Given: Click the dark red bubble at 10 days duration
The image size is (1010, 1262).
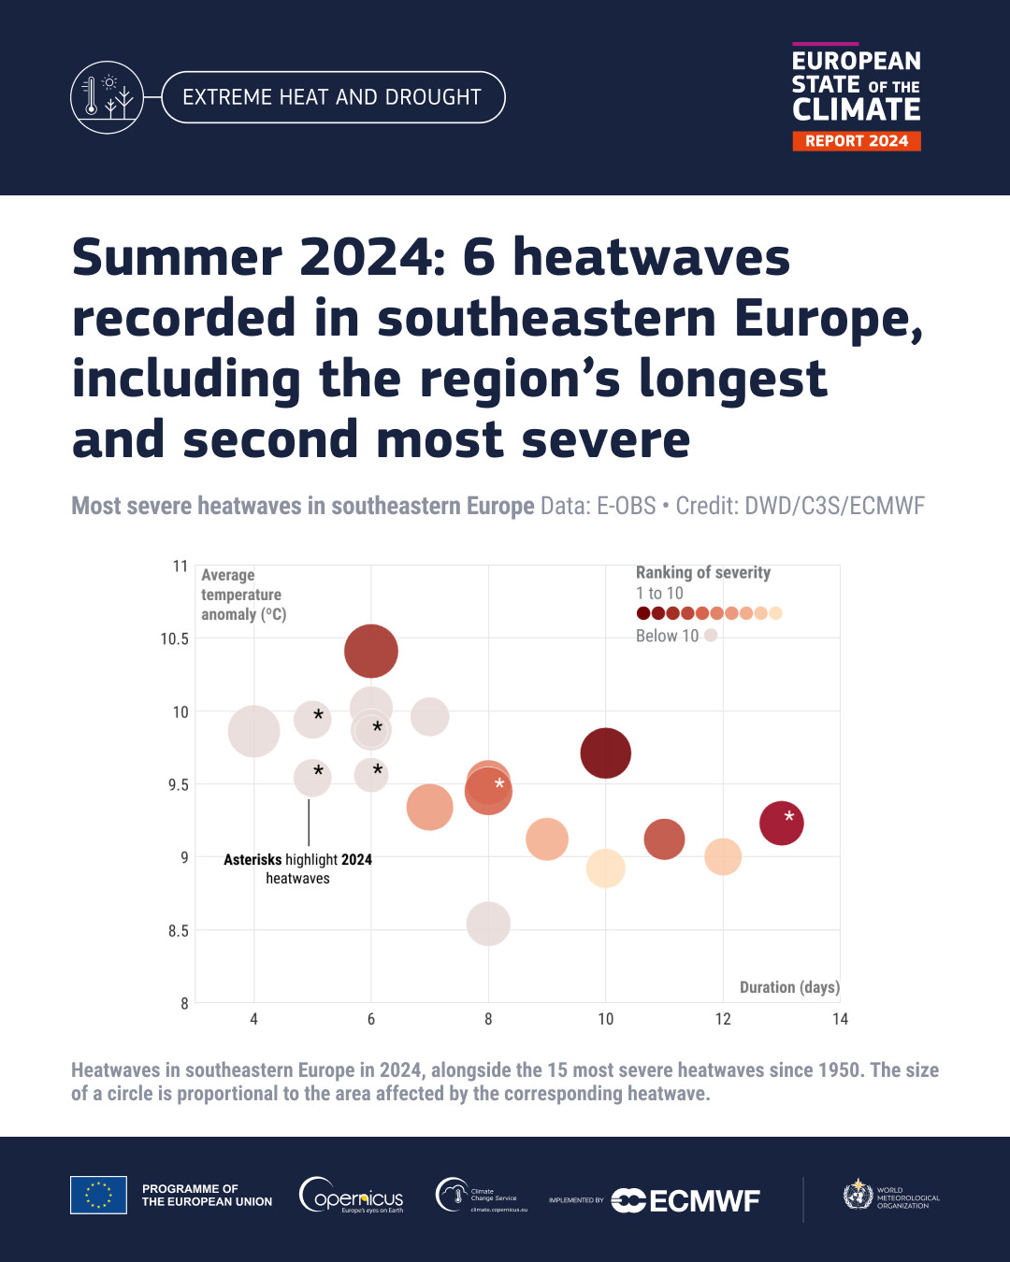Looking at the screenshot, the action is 606,753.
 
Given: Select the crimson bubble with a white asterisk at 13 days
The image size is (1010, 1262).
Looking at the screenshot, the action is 781,823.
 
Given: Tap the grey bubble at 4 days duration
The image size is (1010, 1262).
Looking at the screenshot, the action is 253,731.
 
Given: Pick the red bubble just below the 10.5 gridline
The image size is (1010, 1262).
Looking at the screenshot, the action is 371,651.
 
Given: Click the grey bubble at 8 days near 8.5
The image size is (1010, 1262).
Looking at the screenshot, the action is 488,924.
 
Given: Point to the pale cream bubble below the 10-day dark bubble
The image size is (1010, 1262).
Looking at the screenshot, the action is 606,868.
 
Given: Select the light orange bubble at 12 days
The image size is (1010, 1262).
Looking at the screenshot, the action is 723,856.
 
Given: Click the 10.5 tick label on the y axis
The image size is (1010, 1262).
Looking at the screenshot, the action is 174,638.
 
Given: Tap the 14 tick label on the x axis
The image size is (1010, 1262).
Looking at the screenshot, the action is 841,1019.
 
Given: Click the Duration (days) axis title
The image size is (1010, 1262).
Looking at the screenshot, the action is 789,987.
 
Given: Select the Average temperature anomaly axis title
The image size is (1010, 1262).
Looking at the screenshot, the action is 243,595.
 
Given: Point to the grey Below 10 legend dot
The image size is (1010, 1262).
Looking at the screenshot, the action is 711,635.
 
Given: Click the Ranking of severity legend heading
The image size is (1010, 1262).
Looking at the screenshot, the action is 703,572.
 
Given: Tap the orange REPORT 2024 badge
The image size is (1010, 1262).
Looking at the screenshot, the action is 857,141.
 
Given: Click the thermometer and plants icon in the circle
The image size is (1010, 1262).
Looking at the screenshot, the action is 107,97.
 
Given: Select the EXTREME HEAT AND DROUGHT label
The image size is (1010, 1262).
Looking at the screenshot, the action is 332,97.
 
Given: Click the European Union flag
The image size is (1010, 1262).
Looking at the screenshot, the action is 98,1195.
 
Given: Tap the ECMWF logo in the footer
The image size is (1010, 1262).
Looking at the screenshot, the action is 685,1200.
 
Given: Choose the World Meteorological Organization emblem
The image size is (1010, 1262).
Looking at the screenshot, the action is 858,1194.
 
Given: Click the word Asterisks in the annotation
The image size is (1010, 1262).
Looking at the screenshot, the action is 252,860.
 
